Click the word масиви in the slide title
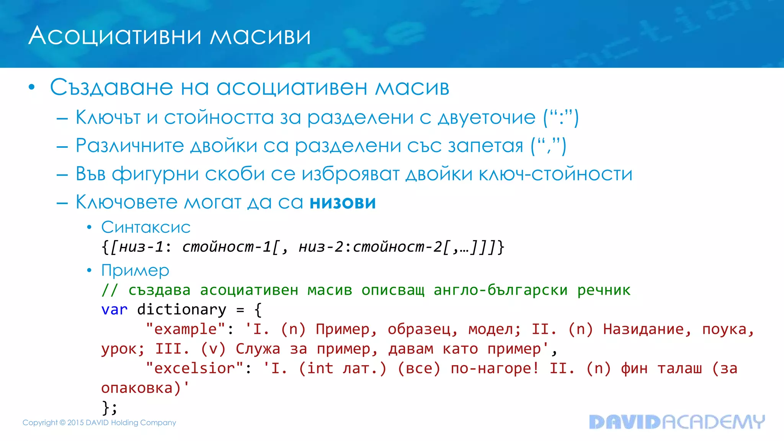tap(260, 36)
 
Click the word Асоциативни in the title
tap(115, 36)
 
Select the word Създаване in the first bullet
tap(111, 87)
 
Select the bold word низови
tap(343, 203)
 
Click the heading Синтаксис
tap(146, 227)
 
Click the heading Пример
tap(135, 271)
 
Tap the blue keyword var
tap(114, 309)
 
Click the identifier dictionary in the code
tap(181, 309)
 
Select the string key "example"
tap(185, 329)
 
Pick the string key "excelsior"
tap(194, 368)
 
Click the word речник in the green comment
tap(604, 290)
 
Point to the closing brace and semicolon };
tap(109, 407)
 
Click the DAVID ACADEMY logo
tap(676, 422)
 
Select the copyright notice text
tap(99, 423)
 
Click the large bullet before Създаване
tap(32, 88)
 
